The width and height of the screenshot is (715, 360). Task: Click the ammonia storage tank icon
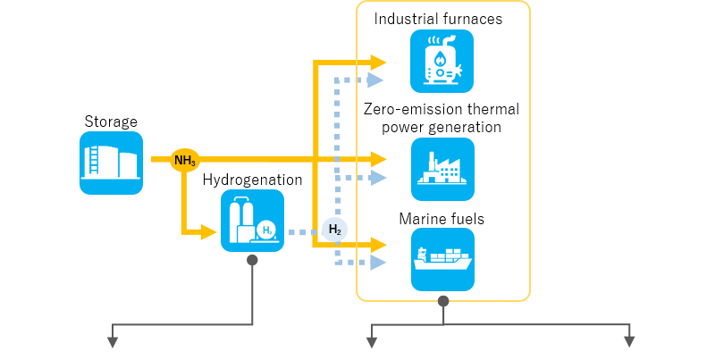click(x=111, y=163)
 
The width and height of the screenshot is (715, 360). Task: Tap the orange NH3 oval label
click(x=185, y=161)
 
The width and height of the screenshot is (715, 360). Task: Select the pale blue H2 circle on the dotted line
click(x=334, y=230)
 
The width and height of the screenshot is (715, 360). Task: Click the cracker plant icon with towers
click(x=252, y=221)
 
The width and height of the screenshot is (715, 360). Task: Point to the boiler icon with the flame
click(x=442, y=61)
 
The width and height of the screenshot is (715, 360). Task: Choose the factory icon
click(x=442, y=169)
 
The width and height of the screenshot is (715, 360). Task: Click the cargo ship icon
click(x=442, y=259)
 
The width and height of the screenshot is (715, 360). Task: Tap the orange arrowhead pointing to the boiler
click(x=378, y=63)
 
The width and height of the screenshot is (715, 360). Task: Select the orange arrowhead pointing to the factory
click(x=378, y=159)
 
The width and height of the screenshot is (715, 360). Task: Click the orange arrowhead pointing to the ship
click(x=378, y=244)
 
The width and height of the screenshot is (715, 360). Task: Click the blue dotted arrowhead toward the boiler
click(x=376, y=80)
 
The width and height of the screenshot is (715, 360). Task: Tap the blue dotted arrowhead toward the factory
click(x=378, y=178)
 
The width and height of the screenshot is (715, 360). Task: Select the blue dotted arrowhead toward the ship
click(x=378, y=263)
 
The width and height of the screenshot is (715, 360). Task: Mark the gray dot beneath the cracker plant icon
click(x=252, y=260)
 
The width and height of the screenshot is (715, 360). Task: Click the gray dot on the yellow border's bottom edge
click(x=443, y=301)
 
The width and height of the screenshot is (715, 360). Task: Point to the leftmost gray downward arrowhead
click(x=113, y=341)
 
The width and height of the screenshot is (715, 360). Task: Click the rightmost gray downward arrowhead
click(x=629, y=341)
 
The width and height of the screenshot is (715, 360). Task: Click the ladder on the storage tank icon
click(x=91, y=161)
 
